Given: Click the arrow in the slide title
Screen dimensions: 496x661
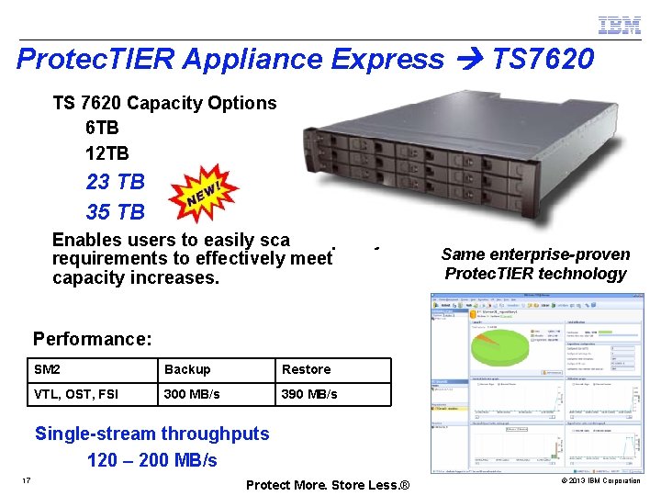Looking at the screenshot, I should (x=467, y=61).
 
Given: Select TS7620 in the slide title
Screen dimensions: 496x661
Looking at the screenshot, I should (x=543, y=60).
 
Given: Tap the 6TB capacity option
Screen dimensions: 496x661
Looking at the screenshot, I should (x=102, y=128).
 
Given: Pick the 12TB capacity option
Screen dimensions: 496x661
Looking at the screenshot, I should (x=107, y=152).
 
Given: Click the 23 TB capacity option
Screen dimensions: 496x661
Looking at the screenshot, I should (x=115, y=183).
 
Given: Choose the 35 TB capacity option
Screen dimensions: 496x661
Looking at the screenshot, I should (x=115, y=212).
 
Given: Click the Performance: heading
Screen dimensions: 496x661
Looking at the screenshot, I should (x=92, y=339).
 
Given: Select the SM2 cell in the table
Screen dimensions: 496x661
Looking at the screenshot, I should (x=47, y=369).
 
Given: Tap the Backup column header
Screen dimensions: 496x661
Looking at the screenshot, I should (x=187, y=369).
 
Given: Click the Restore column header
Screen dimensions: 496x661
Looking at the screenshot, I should (x=307, y=369).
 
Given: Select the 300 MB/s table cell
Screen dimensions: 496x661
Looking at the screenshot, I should (x=192, y=394).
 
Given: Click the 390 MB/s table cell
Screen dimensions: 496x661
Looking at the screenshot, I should (x=309, y=394).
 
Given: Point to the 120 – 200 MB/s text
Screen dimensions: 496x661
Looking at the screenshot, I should (x=152, y=459).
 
